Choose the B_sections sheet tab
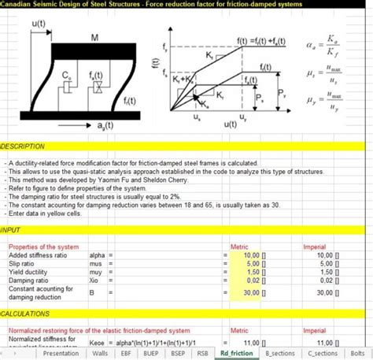(x=281, y=353)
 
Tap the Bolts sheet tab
(x=360, y=353)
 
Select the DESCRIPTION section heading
(x=24, y=147)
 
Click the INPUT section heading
(x=11, y=231)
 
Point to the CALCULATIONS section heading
(x=28, y=314)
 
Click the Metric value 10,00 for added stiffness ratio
(x=251, y=256)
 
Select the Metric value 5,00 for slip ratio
(x=253, y=264)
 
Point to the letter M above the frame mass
(x=94, y=37)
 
